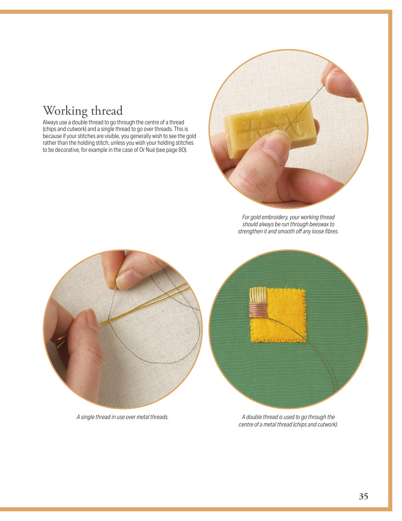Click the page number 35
(x=363, y=496)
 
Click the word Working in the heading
(x=65, y=111)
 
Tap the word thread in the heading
(x=107, y=111)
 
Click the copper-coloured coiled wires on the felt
(x=258, y=310)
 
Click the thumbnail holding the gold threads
(x=92, y=318)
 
